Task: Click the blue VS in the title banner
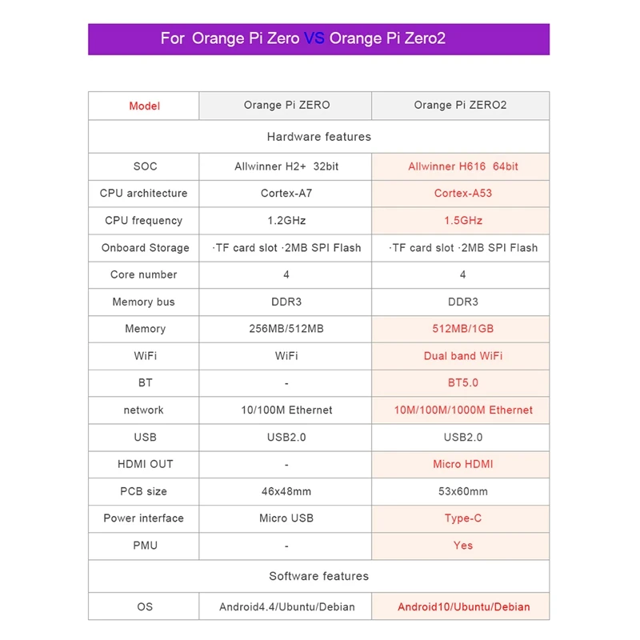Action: (314, 38)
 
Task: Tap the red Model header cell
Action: (144, 106)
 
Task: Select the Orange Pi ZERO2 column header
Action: (460, 105)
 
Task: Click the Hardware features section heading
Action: (318, 137)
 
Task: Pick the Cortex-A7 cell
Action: (286, 194)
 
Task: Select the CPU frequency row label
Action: (144, 221)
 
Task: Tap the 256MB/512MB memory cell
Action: (286, 329)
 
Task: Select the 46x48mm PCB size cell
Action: (286, 491)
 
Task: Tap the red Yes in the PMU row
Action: (462, 546)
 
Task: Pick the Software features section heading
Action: (318, 576)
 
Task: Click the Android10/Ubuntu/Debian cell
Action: (462, 606)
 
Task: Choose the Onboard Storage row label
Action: (145, 248)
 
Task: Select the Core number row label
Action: (144, 274)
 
